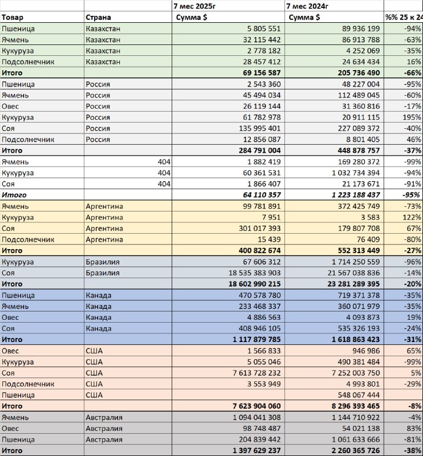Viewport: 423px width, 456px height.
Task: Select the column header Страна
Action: (98, 18)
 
